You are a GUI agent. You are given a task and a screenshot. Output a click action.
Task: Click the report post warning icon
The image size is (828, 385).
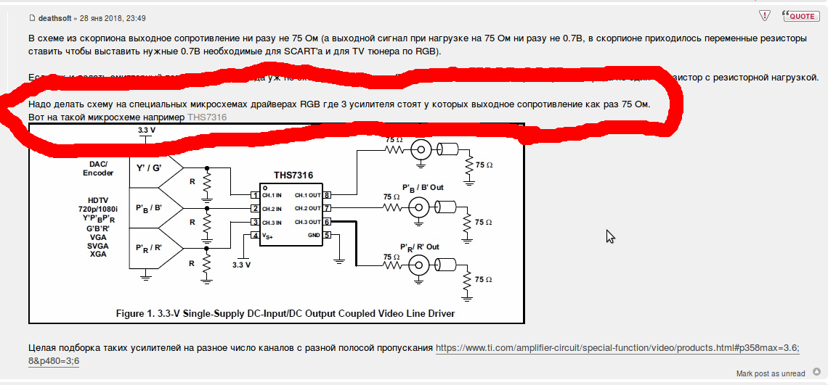point(764,15)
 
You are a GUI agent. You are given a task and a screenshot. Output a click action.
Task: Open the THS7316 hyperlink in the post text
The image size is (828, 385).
point(207,117)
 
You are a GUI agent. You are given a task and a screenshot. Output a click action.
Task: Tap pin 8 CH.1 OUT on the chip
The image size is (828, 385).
point(328,195)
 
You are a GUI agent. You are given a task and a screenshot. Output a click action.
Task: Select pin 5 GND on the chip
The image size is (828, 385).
point(328,235)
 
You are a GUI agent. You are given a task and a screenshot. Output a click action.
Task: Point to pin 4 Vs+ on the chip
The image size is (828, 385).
point(254,235)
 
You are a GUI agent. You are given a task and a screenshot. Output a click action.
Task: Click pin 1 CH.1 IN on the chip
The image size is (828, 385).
point(254,195)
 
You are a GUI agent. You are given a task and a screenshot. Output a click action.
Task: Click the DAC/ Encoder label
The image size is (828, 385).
point(98,168)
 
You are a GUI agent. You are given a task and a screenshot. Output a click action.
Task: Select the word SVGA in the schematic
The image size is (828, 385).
point(98,245)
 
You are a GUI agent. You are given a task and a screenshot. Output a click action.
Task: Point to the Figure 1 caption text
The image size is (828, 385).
point(285,314)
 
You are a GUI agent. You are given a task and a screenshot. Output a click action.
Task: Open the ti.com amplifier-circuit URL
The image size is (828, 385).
point(617,349)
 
